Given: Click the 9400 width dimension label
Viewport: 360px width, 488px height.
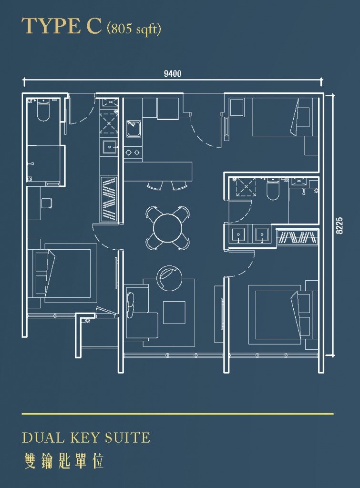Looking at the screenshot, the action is point(173,74).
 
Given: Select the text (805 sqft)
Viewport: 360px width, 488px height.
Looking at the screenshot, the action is point(134,29).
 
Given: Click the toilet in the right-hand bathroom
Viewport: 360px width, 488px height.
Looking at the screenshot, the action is point(273,189).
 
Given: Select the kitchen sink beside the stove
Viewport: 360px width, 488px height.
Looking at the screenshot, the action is point(134,129).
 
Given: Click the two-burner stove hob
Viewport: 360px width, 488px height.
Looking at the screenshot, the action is point(133,152).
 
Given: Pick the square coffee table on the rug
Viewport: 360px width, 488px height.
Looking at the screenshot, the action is point(174,312).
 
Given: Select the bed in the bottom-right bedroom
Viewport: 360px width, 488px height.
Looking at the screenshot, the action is point(279,315).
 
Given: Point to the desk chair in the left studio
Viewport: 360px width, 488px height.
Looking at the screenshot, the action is point(46,203).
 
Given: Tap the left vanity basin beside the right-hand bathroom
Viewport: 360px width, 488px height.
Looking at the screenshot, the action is point(238,234).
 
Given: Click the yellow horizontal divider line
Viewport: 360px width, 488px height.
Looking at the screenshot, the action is point(177,414).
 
